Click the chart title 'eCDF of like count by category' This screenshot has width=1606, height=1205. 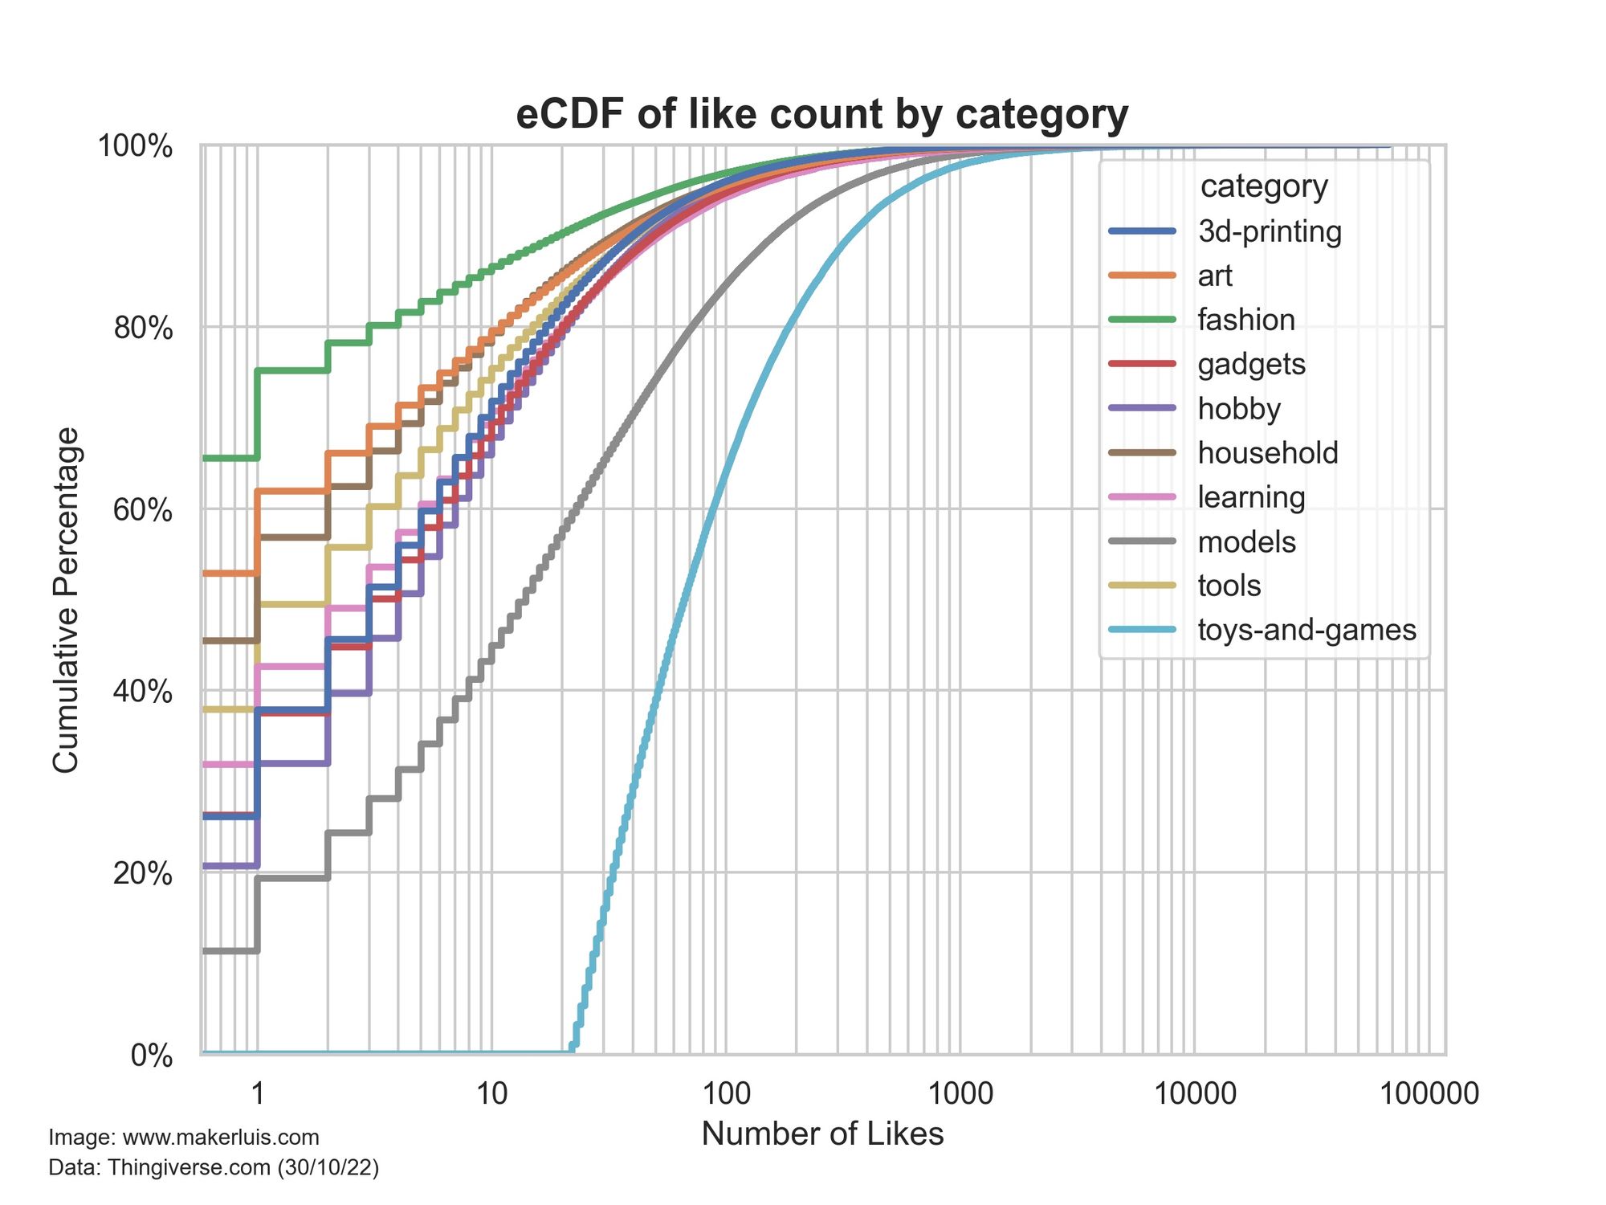click(x=821, y=114)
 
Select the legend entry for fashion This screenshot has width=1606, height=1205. click(x=1245, y=320)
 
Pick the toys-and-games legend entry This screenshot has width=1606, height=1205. click(x=1306, y=630)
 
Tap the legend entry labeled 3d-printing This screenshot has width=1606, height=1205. click(x=1269, y=231)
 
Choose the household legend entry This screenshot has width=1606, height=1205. click(x=1267, y=453)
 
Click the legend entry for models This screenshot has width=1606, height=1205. click(x=1246, y=542)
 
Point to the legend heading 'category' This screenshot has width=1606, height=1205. click(x=1264, y=186)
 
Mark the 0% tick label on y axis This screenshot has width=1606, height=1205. click(x=152, y=1056)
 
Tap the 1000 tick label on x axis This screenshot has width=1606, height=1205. click(x=960, y=1093)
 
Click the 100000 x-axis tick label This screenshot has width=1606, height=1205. click(x=1429, y=1093)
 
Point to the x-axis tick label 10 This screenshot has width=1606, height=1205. click(x=491, y=1093)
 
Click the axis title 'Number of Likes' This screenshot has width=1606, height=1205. click(x=822, y=1134)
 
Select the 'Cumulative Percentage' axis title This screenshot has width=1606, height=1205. click(x=66, y=599)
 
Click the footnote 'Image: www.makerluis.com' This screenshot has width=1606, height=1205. click(x=184, y=1138)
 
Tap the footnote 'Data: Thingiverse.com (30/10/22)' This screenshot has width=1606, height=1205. click(x=214, y=1167)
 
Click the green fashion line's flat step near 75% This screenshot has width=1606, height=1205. click(x=292, y=370)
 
